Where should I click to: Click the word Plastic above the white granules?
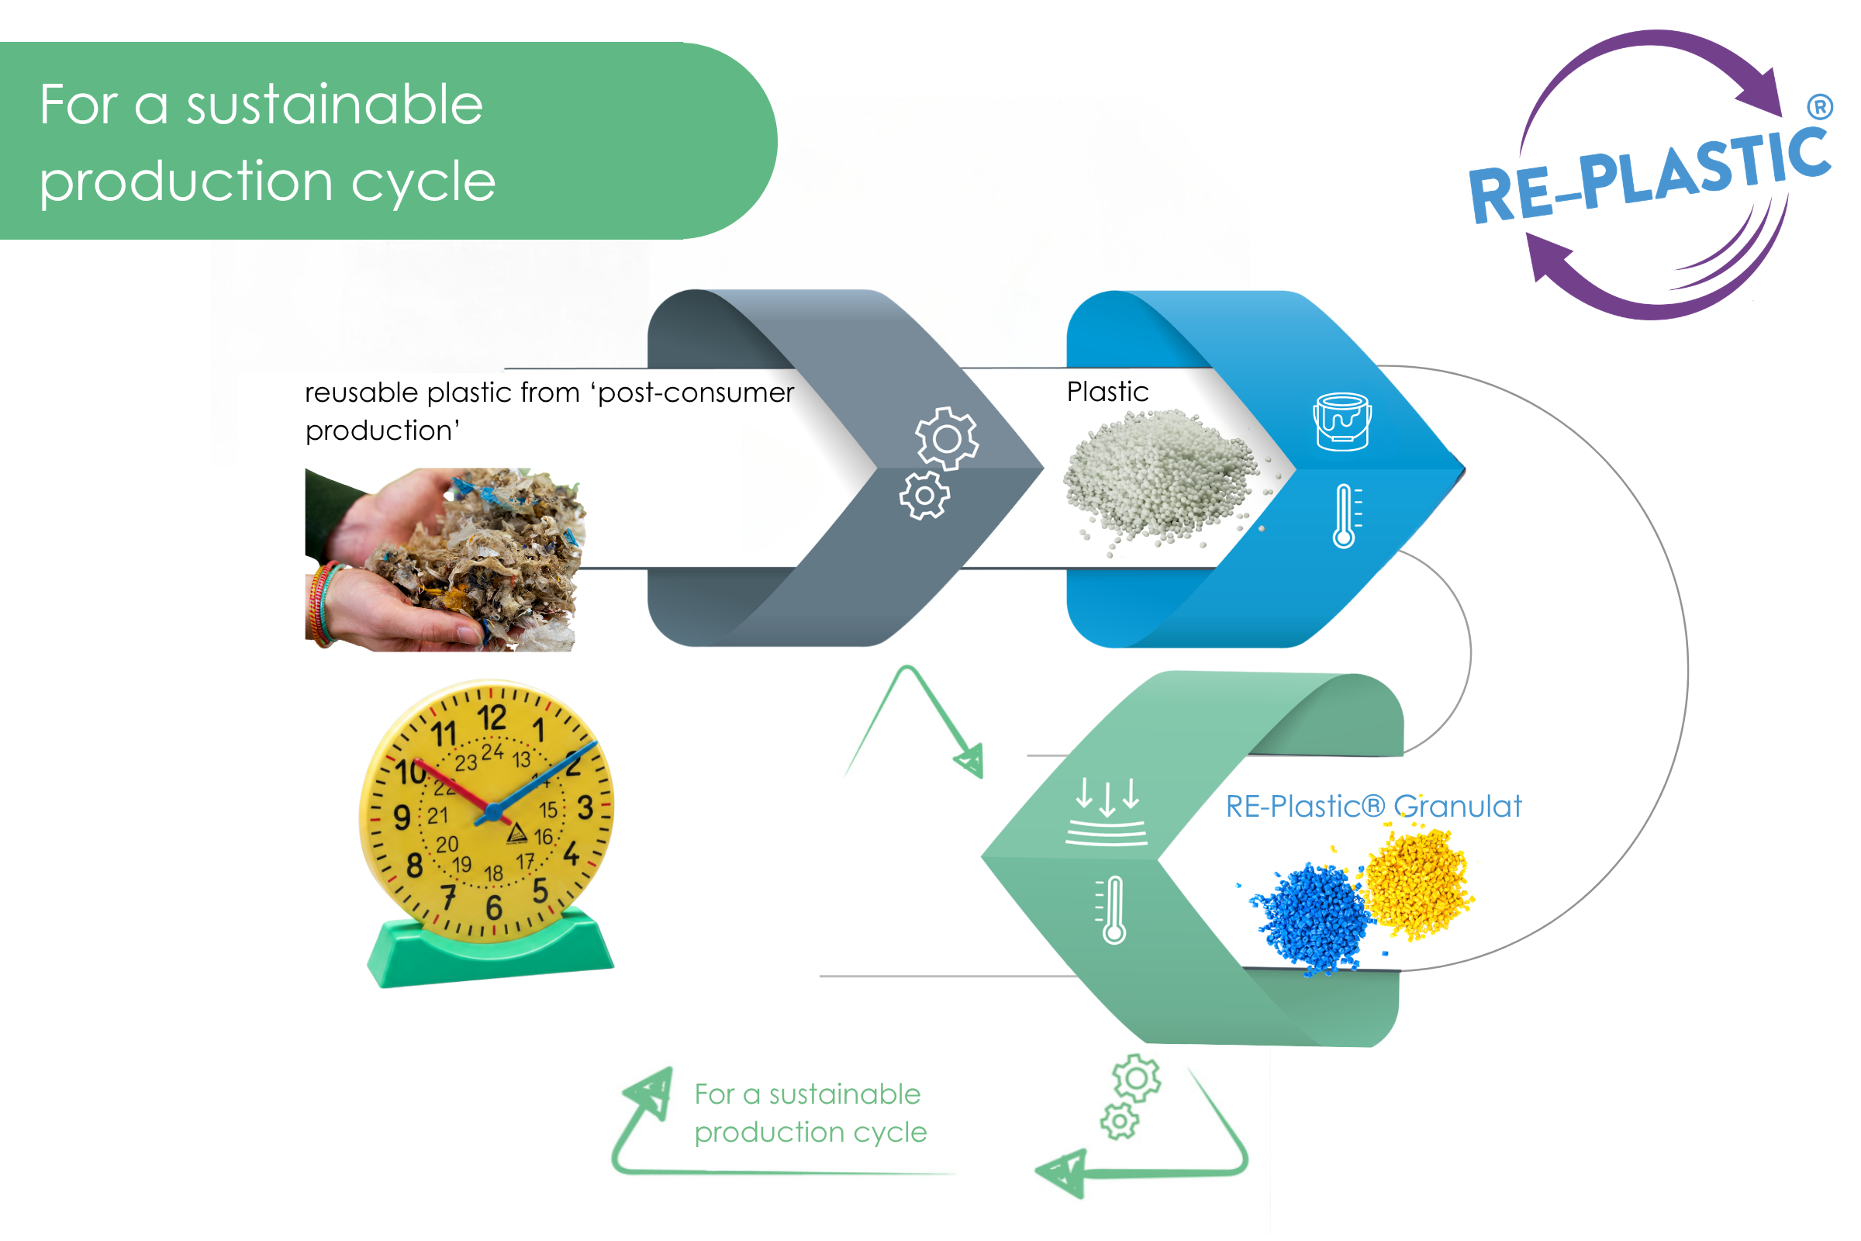point(1107,392)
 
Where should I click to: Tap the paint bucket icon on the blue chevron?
point(1342,422)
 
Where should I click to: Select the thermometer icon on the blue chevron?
point(1346,516)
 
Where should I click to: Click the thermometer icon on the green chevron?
point(1111,909)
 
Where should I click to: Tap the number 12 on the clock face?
point(492,718)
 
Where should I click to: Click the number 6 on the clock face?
point(494,907)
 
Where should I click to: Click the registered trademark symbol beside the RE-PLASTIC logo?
point(1821,106)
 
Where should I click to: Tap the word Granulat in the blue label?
point(1458,807)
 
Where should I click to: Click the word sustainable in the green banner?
point(334,105)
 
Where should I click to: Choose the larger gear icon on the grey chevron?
point(946,438)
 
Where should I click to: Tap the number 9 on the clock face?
point(402,818)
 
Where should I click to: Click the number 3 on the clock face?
point(585,807)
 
